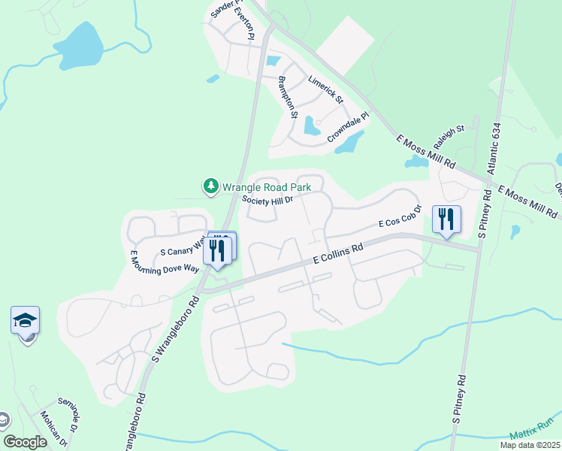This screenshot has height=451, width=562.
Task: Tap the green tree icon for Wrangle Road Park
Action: (x=211, y=186)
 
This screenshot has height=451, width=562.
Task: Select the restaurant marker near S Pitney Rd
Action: (x=447, y=219)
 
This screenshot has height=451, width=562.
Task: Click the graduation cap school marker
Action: (x=26, y=321)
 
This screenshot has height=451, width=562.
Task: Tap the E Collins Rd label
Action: (x=338, y=252)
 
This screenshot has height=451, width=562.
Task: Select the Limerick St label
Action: (x=325, y=89)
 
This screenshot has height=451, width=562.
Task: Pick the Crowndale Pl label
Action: (x=349, y=129)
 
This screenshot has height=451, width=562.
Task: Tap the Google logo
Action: (x=26, y=441)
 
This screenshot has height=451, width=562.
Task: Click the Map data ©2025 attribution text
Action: (x=528, y=445)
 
